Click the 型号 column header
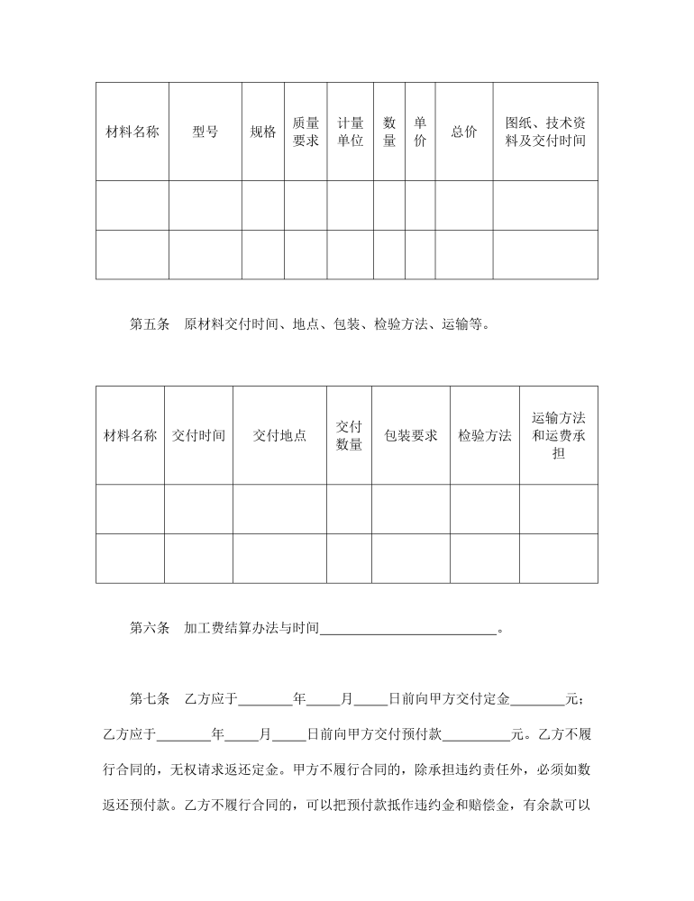[x=205, y=132]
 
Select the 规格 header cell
[x=262, y=132]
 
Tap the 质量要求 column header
[x=306, y=132]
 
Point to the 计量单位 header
[x=350, y=132]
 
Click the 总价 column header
[x=464, y=132]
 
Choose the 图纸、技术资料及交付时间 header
[x=545, y=132]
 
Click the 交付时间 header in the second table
[x=198, y=435]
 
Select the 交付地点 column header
[x=279, y=435]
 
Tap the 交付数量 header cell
[x=349, y=435]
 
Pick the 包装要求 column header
[x=410, y=435]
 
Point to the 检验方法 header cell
[x=484, y=435]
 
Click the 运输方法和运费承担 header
[x=559, y=435]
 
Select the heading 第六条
[x=150, y=629]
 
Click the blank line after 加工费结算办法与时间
[x=408, y=630]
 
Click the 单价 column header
[x=420, y=132]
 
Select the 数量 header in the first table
[x=389, y=132]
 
